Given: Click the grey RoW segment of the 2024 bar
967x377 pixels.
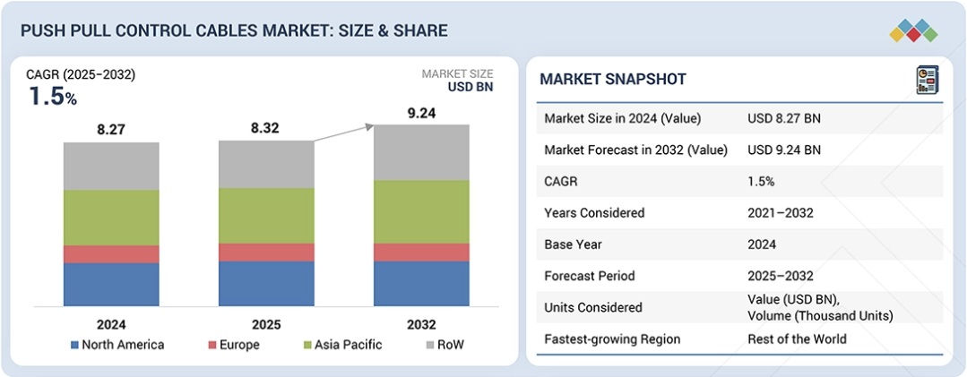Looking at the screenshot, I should [x=111, y=167].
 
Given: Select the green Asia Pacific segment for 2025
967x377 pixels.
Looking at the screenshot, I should [x=266, y=216].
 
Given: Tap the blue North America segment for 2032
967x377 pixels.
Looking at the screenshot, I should [x=421, y=283].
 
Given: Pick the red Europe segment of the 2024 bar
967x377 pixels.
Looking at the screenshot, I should [x=111, y=254].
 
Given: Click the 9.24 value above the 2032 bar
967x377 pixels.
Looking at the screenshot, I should [x=420, y=115].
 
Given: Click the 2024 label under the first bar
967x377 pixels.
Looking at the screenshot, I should [x=111, y=324].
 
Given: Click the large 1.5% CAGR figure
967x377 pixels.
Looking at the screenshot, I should [x=53, y=97].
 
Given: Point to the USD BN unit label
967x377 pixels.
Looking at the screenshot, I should [x=471, y=87].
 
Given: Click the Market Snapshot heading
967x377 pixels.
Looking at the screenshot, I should [x=613, y=80].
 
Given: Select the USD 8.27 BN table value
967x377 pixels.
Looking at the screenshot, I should [x=784, y=118].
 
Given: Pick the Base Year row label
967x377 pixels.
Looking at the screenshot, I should [x=574, y=244].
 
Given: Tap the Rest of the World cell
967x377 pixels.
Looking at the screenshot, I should [x=797, y=339].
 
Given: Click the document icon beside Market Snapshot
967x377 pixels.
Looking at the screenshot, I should [x=926, y=79].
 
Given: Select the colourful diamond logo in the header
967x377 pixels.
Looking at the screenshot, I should [x=913, y=30].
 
